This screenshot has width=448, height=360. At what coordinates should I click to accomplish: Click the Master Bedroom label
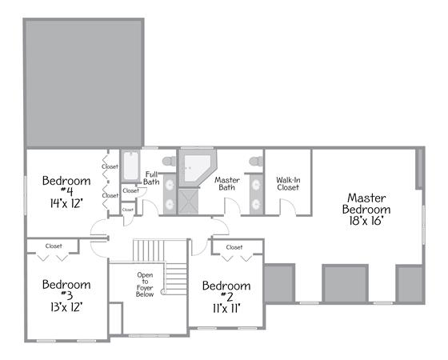point(366,204)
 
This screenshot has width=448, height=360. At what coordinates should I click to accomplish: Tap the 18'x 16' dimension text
point(366,221)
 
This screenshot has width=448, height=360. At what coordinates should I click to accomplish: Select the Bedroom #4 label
point(66,186)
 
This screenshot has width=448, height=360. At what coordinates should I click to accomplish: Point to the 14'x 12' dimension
point(66,203)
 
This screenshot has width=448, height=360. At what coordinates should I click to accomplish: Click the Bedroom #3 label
point(66,290)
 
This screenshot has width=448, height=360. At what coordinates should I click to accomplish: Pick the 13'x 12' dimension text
point(66,307)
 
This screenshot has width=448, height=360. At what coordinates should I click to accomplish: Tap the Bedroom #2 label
point(226,291)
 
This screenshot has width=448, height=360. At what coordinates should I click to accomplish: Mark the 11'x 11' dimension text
point(226,309)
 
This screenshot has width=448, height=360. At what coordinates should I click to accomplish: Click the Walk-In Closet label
point(288,184)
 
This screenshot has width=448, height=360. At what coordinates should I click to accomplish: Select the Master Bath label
point(227,184)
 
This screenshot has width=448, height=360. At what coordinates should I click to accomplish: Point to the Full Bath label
point(151,178)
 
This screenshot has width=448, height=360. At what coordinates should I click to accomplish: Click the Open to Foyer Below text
point(145,285)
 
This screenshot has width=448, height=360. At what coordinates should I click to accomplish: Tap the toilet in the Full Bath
point(169,161)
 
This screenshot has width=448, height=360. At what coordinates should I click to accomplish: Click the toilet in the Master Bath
point(256,161)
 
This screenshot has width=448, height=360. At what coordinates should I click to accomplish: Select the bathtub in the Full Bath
point(131,166)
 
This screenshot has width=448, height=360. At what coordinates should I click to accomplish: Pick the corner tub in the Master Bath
point(197,168)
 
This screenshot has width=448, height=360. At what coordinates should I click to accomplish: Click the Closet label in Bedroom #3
point(54,246)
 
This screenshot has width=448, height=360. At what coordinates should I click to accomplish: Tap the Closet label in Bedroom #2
point(234,247)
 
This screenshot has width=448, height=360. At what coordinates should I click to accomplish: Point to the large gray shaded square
point(83,83)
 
